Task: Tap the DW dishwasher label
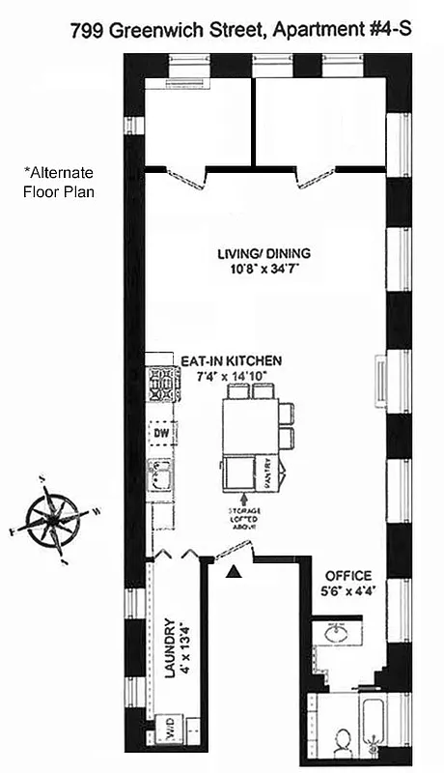point(161,433)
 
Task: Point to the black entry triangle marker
point(233,573)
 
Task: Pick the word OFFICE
point(347,576)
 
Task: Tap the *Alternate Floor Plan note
point(59,181)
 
